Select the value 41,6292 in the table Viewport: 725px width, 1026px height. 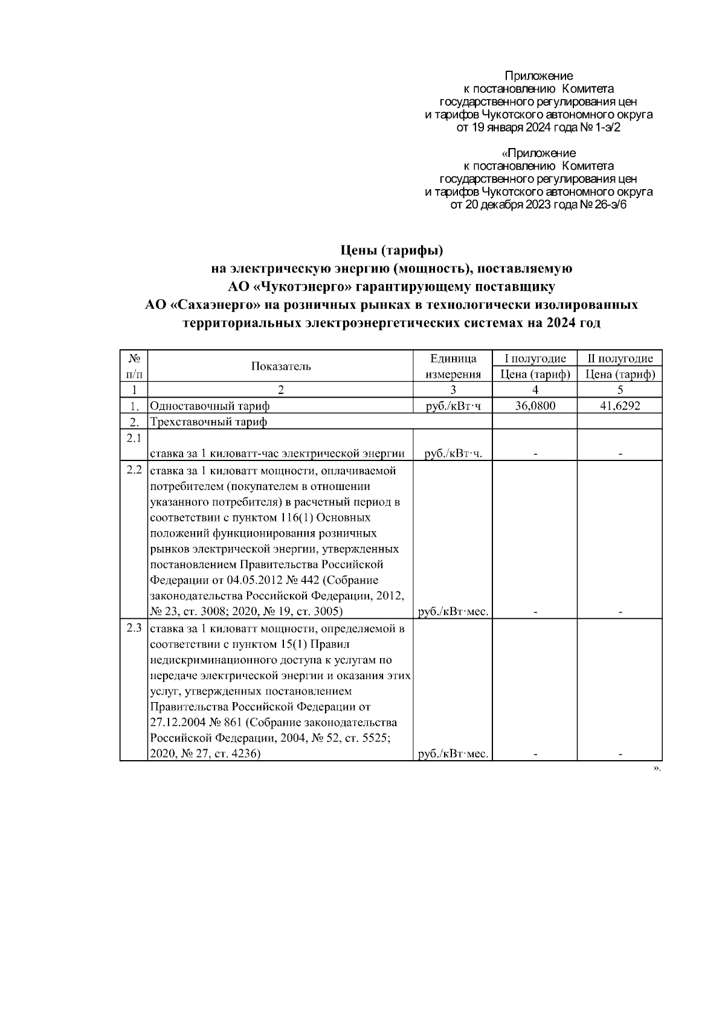pyautogui.click(x=620, y=406)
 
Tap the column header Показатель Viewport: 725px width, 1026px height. pyautogui.click(x=281, y=366)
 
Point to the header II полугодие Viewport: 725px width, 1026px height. pyautogui.click(x=620, y=358)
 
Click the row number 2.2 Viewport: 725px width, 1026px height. pyautogui.click(x=134, y=469)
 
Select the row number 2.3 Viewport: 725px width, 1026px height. pyautogui.click(x=134, y=628)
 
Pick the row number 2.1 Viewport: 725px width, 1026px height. pyautogui.click(x=134, y=437)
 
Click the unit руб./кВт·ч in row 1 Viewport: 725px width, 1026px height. pyautogui.click(x=453, y=406)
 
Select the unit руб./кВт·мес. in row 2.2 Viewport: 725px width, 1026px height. pyautogui.click(x=453, y=612)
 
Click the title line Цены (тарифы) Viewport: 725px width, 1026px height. pyautogui.click(x=392, y=250)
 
